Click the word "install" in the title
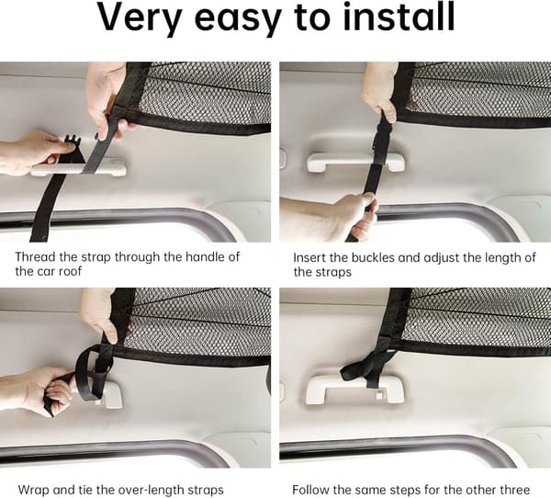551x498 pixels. pyautogui.click(x=399, y=17)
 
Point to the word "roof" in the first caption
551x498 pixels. pyautogui.click(x=70, y=271)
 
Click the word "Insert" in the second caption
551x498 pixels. pyautogui.click(x=309, y=257)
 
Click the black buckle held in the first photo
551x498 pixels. pyautogui.click(x=72, y=149)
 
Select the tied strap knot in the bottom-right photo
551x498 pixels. pyautogui.click(x=368, y=366)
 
